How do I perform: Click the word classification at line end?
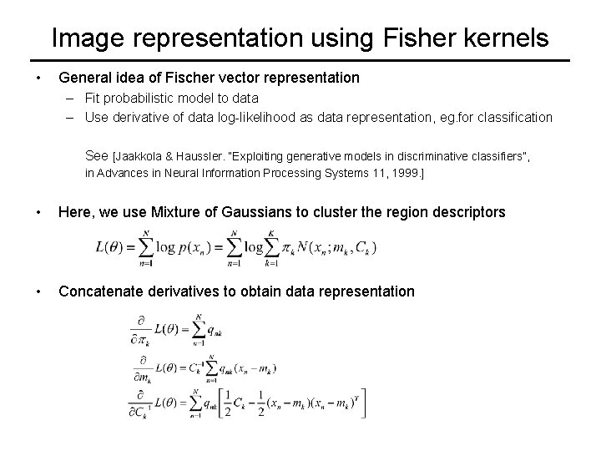pos(511,117)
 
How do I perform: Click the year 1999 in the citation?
pos(407,173)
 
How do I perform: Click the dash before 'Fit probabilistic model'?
pos(72,98)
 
